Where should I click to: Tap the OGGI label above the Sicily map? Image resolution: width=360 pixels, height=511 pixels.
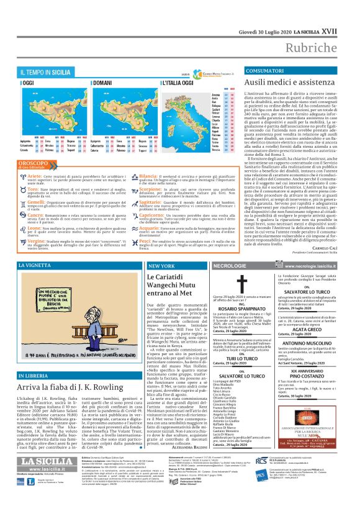tap(29, 82)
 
